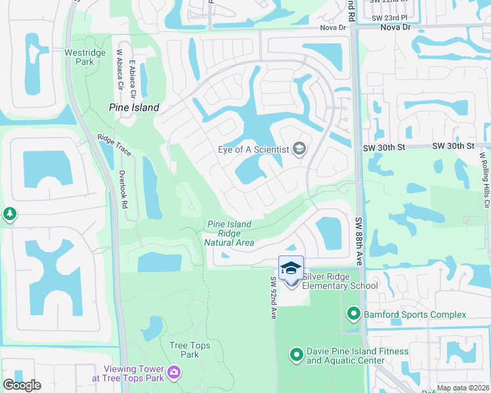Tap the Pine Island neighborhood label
point(134,107)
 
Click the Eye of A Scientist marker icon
point(299,149)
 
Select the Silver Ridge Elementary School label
point(339,280)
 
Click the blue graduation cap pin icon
point(291,268)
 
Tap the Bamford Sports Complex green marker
point(354,314)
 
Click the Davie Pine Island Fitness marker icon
point(297,356)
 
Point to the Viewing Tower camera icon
point(174,373)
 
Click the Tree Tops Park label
point(184,350)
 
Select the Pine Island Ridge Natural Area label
point(229,233)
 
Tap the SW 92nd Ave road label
point(272,298)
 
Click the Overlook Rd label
point(123,189)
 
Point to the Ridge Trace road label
point(114,145)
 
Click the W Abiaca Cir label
point(119,70)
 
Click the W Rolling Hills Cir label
point(485,179)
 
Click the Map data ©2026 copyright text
point(462,388)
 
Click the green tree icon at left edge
point(9,214)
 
